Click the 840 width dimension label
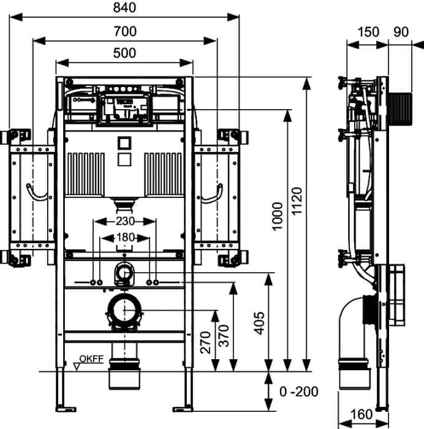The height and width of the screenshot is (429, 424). (124, 7)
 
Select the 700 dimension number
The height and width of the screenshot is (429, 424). (125, 31)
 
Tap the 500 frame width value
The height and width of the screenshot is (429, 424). (124, 53)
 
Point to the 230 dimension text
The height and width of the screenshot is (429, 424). (125, 221)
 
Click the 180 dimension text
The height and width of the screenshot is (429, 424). (126, 237)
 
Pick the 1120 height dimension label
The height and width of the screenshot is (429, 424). (297, 201)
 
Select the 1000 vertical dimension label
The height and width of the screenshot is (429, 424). (278, 216)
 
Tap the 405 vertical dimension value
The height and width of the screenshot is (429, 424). (260, 323)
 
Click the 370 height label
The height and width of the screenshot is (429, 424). (224, 336)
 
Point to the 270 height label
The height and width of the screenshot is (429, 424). (205, 342)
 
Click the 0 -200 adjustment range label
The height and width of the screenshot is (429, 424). (299, 392)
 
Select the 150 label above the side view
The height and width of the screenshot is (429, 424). (368, 32)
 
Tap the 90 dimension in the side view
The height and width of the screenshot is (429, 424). (401, 32)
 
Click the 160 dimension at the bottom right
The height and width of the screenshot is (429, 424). (361, 414)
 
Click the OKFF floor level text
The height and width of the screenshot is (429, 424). (91, 359)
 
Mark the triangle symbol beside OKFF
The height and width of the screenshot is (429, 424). (77, 366)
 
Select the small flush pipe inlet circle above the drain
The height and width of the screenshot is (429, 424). (124, 273)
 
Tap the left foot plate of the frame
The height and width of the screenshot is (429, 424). (66, 409)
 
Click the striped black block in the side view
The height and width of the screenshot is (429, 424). (400, 109)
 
